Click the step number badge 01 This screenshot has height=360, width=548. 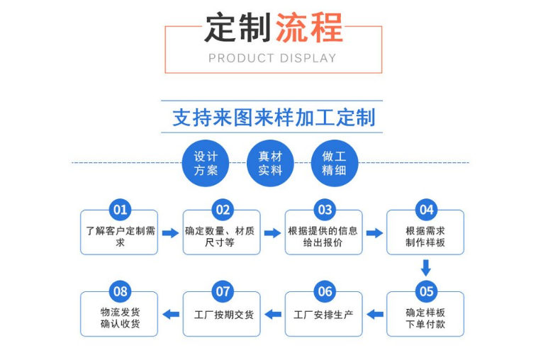(120, 210)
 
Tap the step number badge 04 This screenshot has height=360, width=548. (426, 210)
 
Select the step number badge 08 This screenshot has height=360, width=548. (120, 291)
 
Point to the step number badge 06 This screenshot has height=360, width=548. (325, 291)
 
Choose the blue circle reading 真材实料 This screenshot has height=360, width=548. (269, 164)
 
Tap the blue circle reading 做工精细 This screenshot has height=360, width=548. (334, 164)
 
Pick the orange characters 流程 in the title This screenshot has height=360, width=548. (308, 28)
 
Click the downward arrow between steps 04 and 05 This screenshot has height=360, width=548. (425, 268)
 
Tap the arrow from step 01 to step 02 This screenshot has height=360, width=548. (170, 232)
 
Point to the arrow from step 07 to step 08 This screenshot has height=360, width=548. (171, 314)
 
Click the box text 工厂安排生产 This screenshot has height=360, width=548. (323, 314)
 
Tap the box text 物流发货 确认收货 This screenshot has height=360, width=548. (120, 318)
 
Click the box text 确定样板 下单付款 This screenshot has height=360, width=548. (425, 318)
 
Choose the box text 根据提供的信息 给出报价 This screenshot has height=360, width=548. (323, 237)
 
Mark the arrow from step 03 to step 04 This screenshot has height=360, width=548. (374, 232)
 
